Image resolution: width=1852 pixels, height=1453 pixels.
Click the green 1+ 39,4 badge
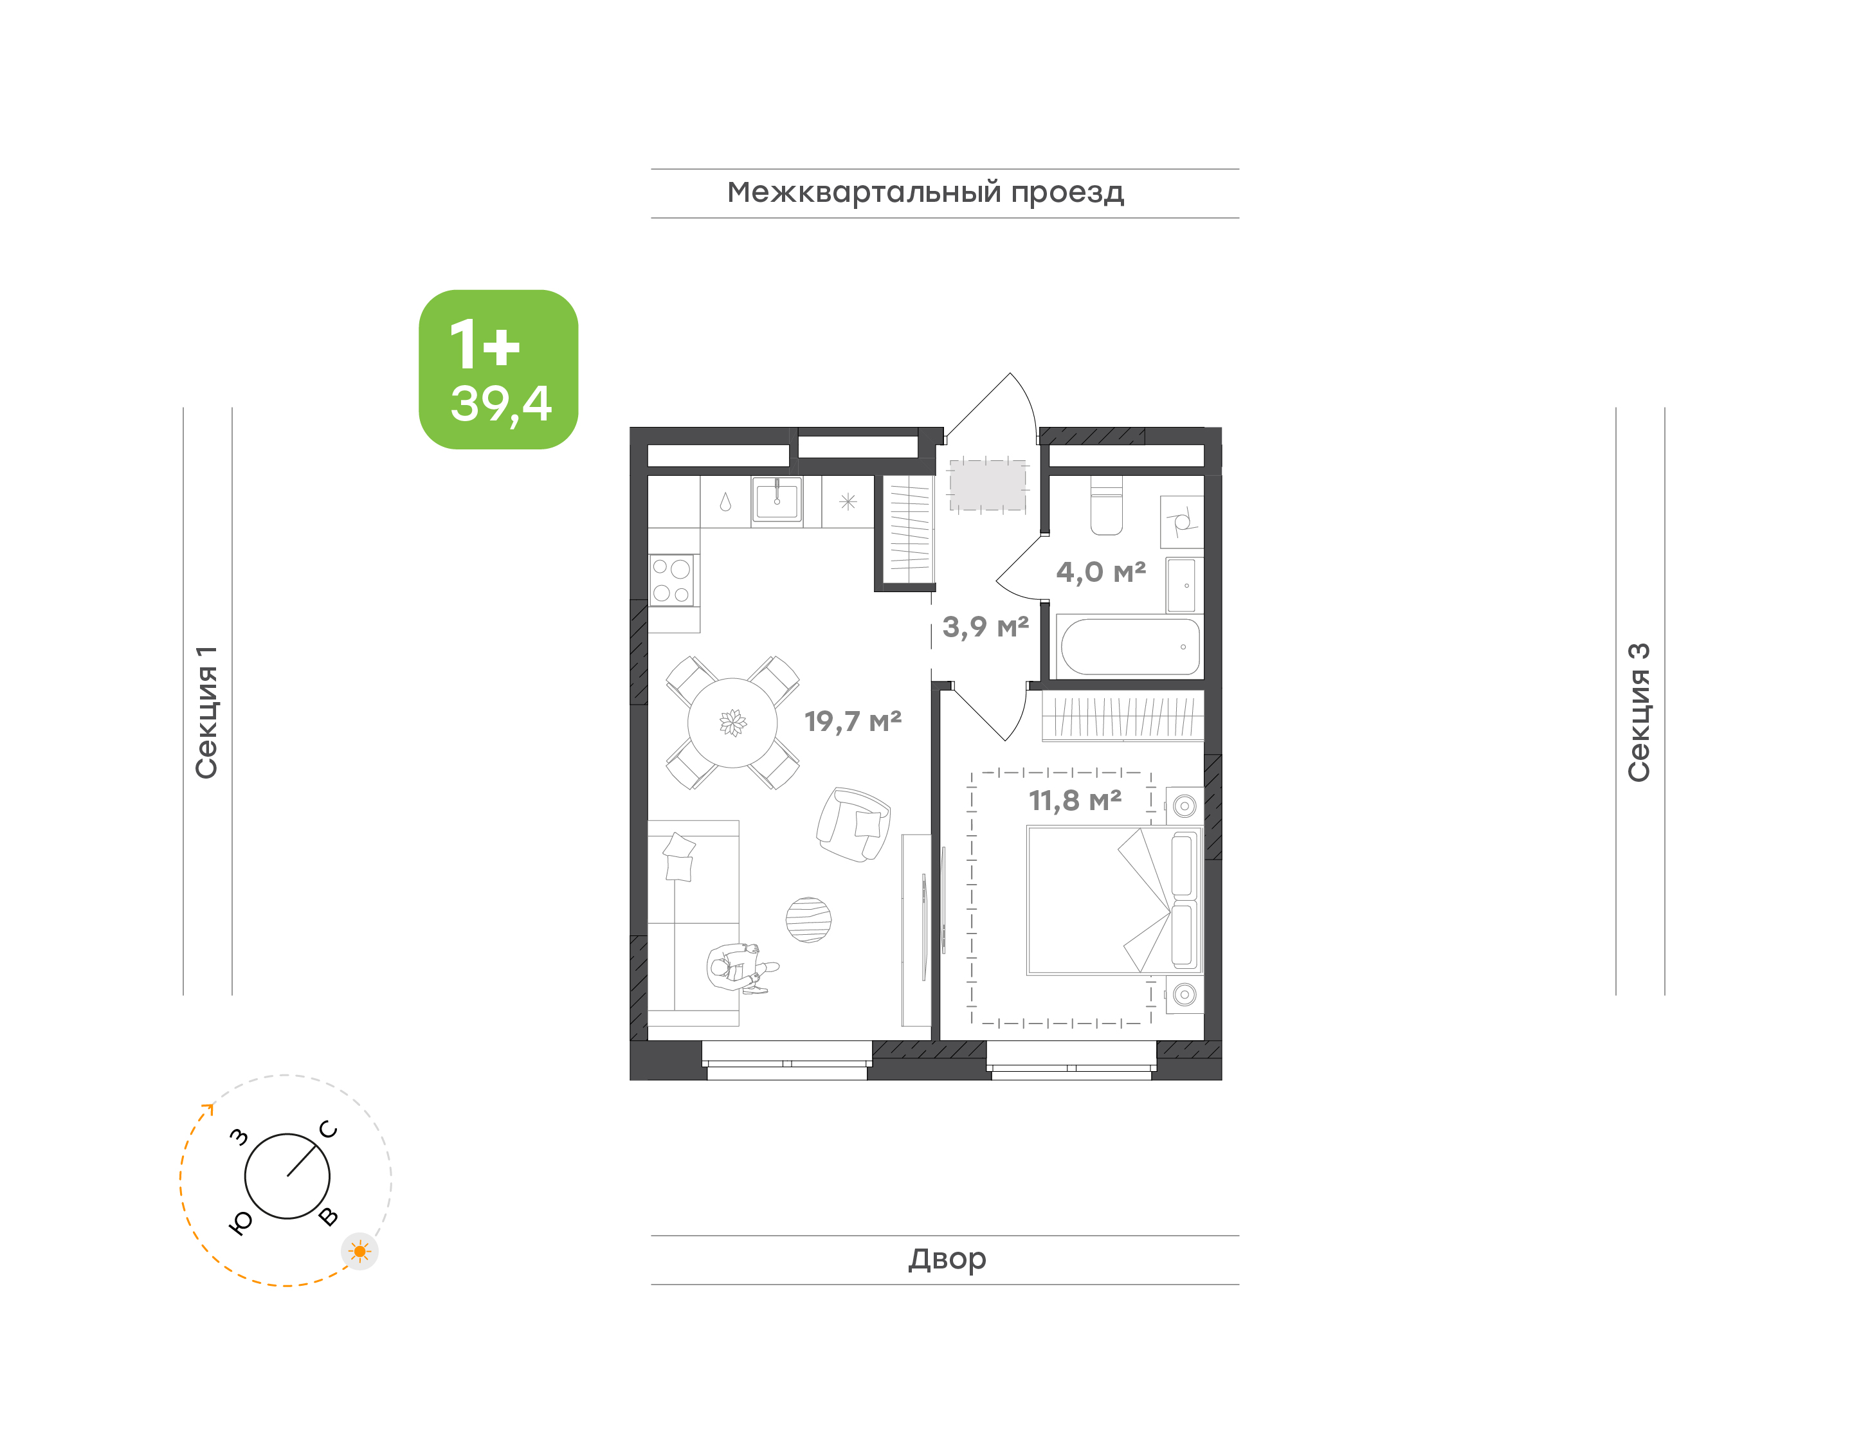[498, 369]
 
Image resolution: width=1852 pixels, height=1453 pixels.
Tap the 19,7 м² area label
[853, 721]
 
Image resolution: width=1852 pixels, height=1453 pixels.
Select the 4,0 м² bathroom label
[1101, 572]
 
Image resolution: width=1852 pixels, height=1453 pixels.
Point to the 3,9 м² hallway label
[985, 627]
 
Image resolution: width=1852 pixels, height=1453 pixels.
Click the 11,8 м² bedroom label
[1075, 800]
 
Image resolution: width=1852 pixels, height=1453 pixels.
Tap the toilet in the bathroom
[1106, 505]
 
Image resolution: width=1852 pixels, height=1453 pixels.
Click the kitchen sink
[776, 500]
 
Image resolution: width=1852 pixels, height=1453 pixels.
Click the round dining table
[732, 722]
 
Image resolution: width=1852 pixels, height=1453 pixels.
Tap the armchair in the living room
[853, 824]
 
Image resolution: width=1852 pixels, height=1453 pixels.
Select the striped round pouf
[808, 919]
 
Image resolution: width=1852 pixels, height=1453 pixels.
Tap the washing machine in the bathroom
[1182, 521]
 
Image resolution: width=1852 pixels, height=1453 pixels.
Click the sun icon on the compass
[360, 1251]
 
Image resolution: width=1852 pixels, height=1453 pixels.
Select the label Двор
[947, 1259]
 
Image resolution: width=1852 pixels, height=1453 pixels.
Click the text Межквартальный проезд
[925, 192]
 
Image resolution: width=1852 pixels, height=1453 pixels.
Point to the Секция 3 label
[1639, 712]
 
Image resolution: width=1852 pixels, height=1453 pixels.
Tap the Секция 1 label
[206, 712]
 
